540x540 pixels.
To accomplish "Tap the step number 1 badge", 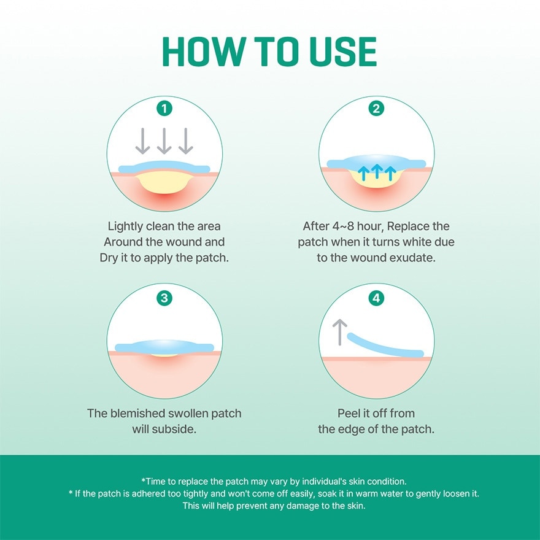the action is click(x=164, y=109).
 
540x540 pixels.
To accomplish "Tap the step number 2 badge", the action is click(x=376, y=109).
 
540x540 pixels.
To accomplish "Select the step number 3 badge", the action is click(x=164, y=298).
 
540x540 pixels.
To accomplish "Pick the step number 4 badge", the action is click(x=376, y=298).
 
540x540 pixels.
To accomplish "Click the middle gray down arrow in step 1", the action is click(x=164, y=141).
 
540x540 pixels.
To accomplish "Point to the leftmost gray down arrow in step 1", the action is click(x=142, y=141).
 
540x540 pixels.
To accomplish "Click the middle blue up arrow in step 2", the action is click(x=377, y=171).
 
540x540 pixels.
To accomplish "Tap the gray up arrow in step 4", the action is click(x=340, y=332).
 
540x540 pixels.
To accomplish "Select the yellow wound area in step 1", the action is click(x=164, y=183).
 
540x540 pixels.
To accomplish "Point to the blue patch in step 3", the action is click(x=164, y=347).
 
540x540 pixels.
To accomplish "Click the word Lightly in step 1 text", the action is click(x=125, y=226).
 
